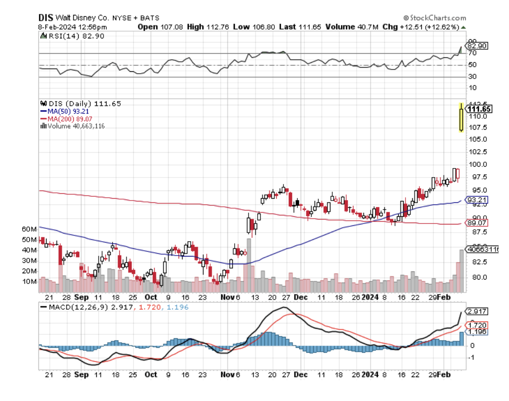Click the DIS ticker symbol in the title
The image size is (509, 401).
[45, 18]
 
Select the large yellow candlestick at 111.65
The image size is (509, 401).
[461, 117]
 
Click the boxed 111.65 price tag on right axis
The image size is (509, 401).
[480, 109]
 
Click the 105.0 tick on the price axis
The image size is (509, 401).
[478, 139]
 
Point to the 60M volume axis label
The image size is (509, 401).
[28, 229]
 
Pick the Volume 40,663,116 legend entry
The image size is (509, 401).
[72, 126]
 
